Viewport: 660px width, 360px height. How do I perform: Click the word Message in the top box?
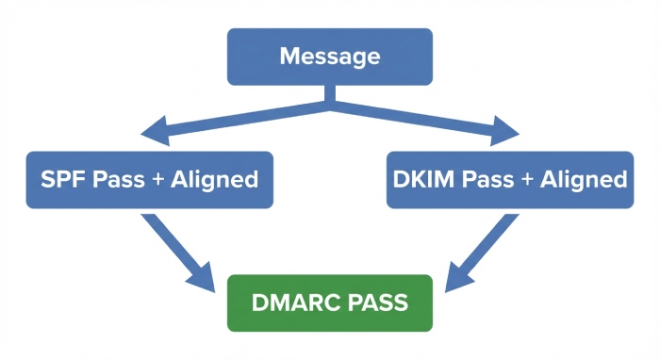[329, 57]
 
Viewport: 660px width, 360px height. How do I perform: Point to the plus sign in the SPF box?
[156, 180]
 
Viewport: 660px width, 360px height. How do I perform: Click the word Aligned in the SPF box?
[214, 180]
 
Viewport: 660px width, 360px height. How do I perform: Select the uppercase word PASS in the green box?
[375, 303]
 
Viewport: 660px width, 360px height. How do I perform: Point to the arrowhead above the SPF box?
[156, 131]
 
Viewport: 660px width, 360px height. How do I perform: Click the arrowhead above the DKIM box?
[505, 131]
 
